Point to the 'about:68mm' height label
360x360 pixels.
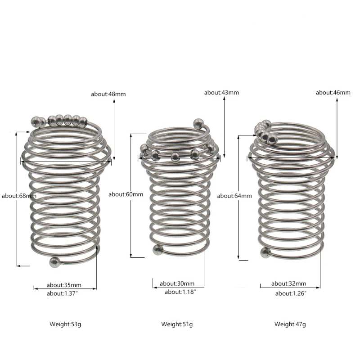[19, 196]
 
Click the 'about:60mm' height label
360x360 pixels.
[126, 194]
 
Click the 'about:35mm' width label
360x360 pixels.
[64, 285]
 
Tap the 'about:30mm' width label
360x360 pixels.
[177, 283]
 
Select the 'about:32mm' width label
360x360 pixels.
[288, 283]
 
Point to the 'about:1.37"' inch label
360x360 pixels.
[65, 293]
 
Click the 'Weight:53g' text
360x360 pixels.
[65, 324]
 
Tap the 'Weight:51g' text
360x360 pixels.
[177, 324]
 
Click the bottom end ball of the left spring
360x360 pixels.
[55, 262]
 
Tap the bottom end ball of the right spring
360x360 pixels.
[265, 253]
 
